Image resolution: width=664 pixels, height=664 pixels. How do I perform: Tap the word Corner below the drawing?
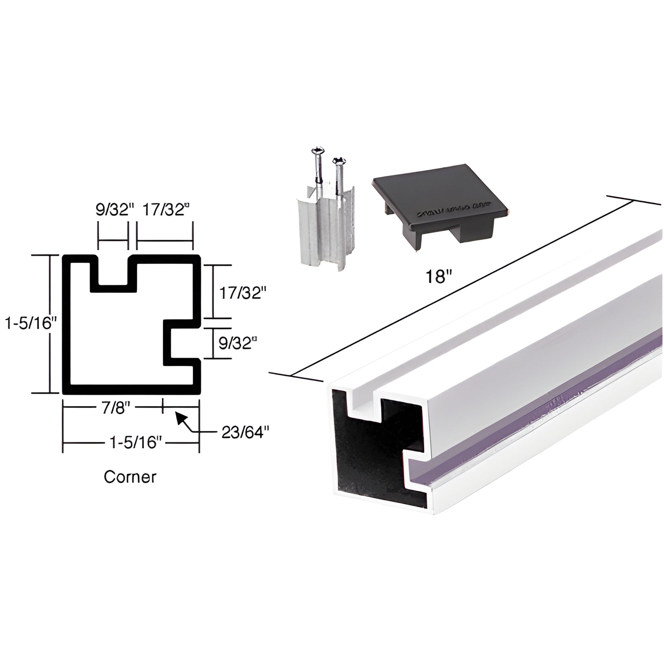130,477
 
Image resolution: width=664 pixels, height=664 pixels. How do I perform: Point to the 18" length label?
438,276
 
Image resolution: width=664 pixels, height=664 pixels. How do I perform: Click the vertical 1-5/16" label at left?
28,323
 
